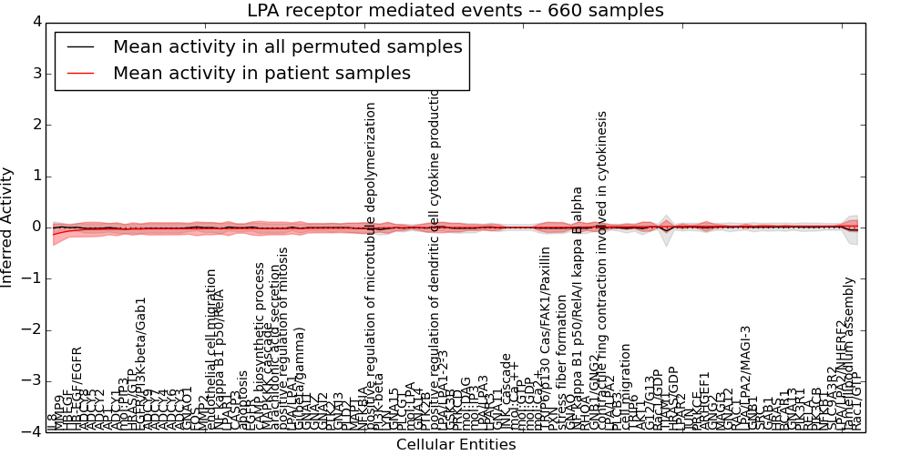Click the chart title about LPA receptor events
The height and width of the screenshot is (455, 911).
(455, 11)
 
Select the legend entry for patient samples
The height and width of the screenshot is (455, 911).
(261, 73)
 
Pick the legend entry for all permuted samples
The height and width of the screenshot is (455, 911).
(287, 46)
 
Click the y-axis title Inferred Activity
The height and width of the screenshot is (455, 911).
(8, 227)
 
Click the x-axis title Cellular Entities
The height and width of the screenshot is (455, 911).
(455, 444)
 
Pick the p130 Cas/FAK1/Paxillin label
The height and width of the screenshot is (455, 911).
(545, 337)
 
